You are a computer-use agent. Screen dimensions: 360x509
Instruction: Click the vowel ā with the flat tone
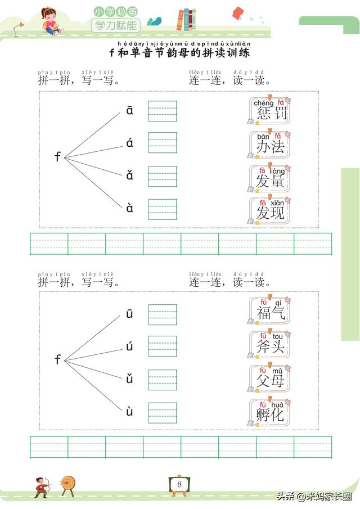(130, 111)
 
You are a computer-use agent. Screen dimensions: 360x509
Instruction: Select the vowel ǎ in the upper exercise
(130, 175)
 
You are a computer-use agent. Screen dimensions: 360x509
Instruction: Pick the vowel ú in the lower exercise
(130, 346)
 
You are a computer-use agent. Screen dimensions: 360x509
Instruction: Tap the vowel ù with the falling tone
(130, 412)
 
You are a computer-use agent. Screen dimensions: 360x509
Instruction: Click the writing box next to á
(163, 142)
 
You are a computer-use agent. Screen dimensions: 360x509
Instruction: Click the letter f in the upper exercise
(57, 157)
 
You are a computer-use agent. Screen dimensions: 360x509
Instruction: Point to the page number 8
(179, 484)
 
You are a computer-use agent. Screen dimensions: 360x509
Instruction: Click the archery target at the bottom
(68, 484)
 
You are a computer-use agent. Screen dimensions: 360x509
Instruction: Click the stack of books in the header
(187, 20)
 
